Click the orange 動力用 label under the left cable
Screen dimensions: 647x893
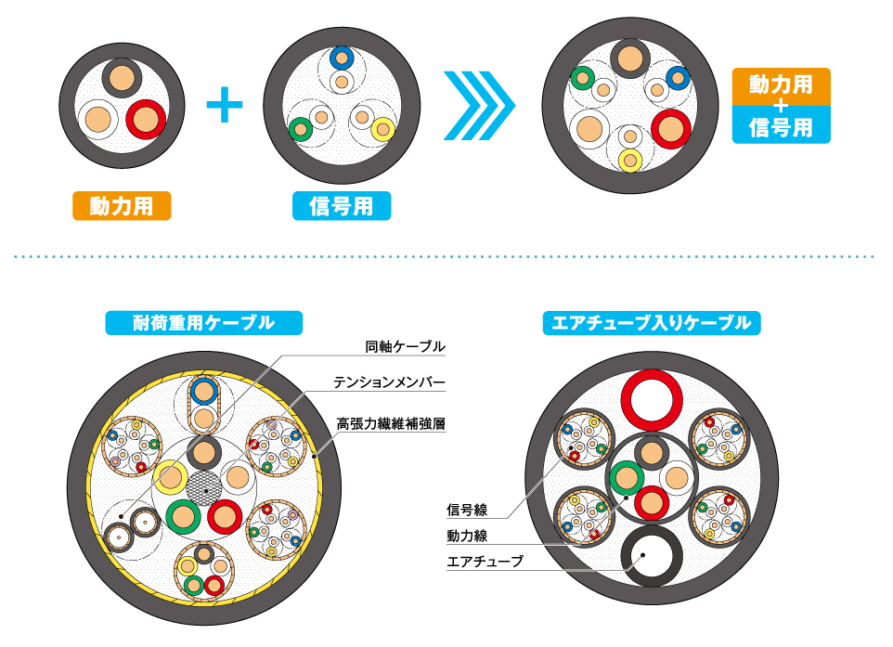(121, 206)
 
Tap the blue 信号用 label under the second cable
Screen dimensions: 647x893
(342, 206)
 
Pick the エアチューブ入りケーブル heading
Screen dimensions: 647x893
(651, 323)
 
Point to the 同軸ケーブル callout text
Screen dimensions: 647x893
(406, 347)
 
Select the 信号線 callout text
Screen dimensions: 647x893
(467, 510)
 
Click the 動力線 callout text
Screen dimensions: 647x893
(467, 536)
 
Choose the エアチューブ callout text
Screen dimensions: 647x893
(485, 562)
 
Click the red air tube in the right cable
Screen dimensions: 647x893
(652, 399)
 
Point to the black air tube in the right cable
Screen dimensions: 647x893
(652, 558)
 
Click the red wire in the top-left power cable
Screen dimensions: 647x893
(146, 120)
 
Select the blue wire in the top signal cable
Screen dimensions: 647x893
(343, 58)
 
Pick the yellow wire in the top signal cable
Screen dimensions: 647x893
(381, 130)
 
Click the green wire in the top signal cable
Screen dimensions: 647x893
(300, 129)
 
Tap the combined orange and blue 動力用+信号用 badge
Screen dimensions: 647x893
(781, 105)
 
